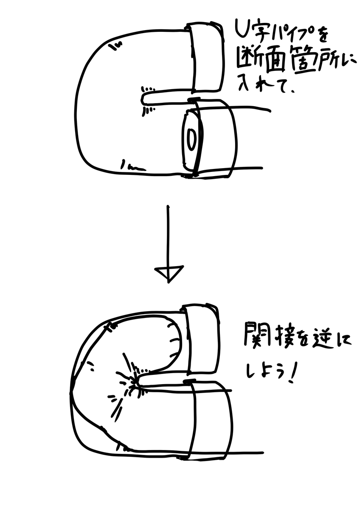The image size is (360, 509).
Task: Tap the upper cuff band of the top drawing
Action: (206, 57)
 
